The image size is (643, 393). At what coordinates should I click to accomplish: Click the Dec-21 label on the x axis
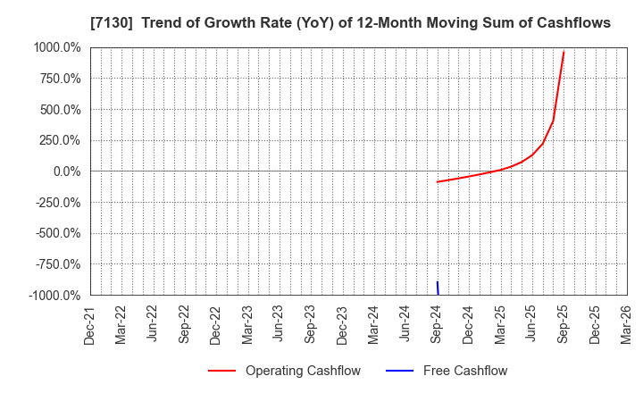[90, 323]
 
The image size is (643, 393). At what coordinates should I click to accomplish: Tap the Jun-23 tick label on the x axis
[280, 323]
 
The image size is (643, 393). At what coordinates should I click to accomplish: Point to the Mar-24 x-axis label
[374, 323]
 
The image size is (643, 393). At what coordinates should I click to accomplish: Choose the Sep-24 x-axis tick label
[437, 323]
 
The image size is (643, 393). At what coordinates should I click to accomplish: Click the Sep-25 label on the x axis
[564, 323]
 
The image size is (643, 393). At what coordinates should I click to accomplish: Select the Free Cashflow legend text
[464, 371]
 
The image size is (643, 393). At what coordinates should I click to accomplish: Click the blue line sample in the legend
[401, 371]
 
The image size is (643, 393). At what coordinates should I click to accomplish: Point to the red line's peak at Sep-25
[564, 52]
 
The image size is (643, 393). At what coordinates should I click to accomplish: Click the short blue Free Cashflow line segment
[438, 288]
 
